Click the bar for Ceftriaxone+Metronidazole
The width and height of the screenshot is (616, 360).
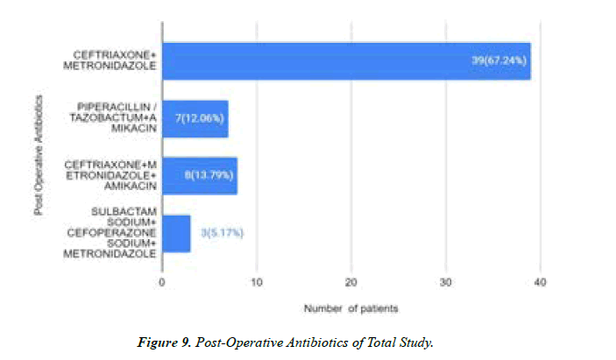(x=346, y=61)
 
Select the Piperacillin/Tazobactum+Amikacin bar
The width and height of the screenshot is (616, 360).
(x=195, y=118)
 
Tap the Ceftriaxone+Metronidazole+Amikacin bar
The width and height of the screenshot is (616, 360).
(x=199, y=175)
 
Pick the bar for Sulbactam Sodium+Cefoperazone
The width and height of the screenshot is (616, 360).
(x=176, y=233)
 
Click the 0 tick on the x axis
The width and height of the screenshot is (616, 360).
(x=162, y=282)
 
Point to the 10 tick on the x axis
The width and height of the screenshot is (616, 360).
(x=256, y=282)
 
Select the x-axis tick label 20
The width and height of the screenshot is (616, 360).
(x=350, y=282)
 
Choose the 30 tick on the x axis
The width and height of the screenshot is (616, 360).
(x=445, y=282)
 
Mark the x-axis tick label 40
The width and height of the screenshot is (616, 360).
(x=540, y=282)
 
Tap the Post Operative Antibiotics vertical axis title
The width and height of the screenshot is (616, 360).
(x=39, y=148)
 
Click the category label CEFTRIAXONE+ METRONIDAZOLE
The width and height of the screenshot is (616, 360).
(x=116, y=61)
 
